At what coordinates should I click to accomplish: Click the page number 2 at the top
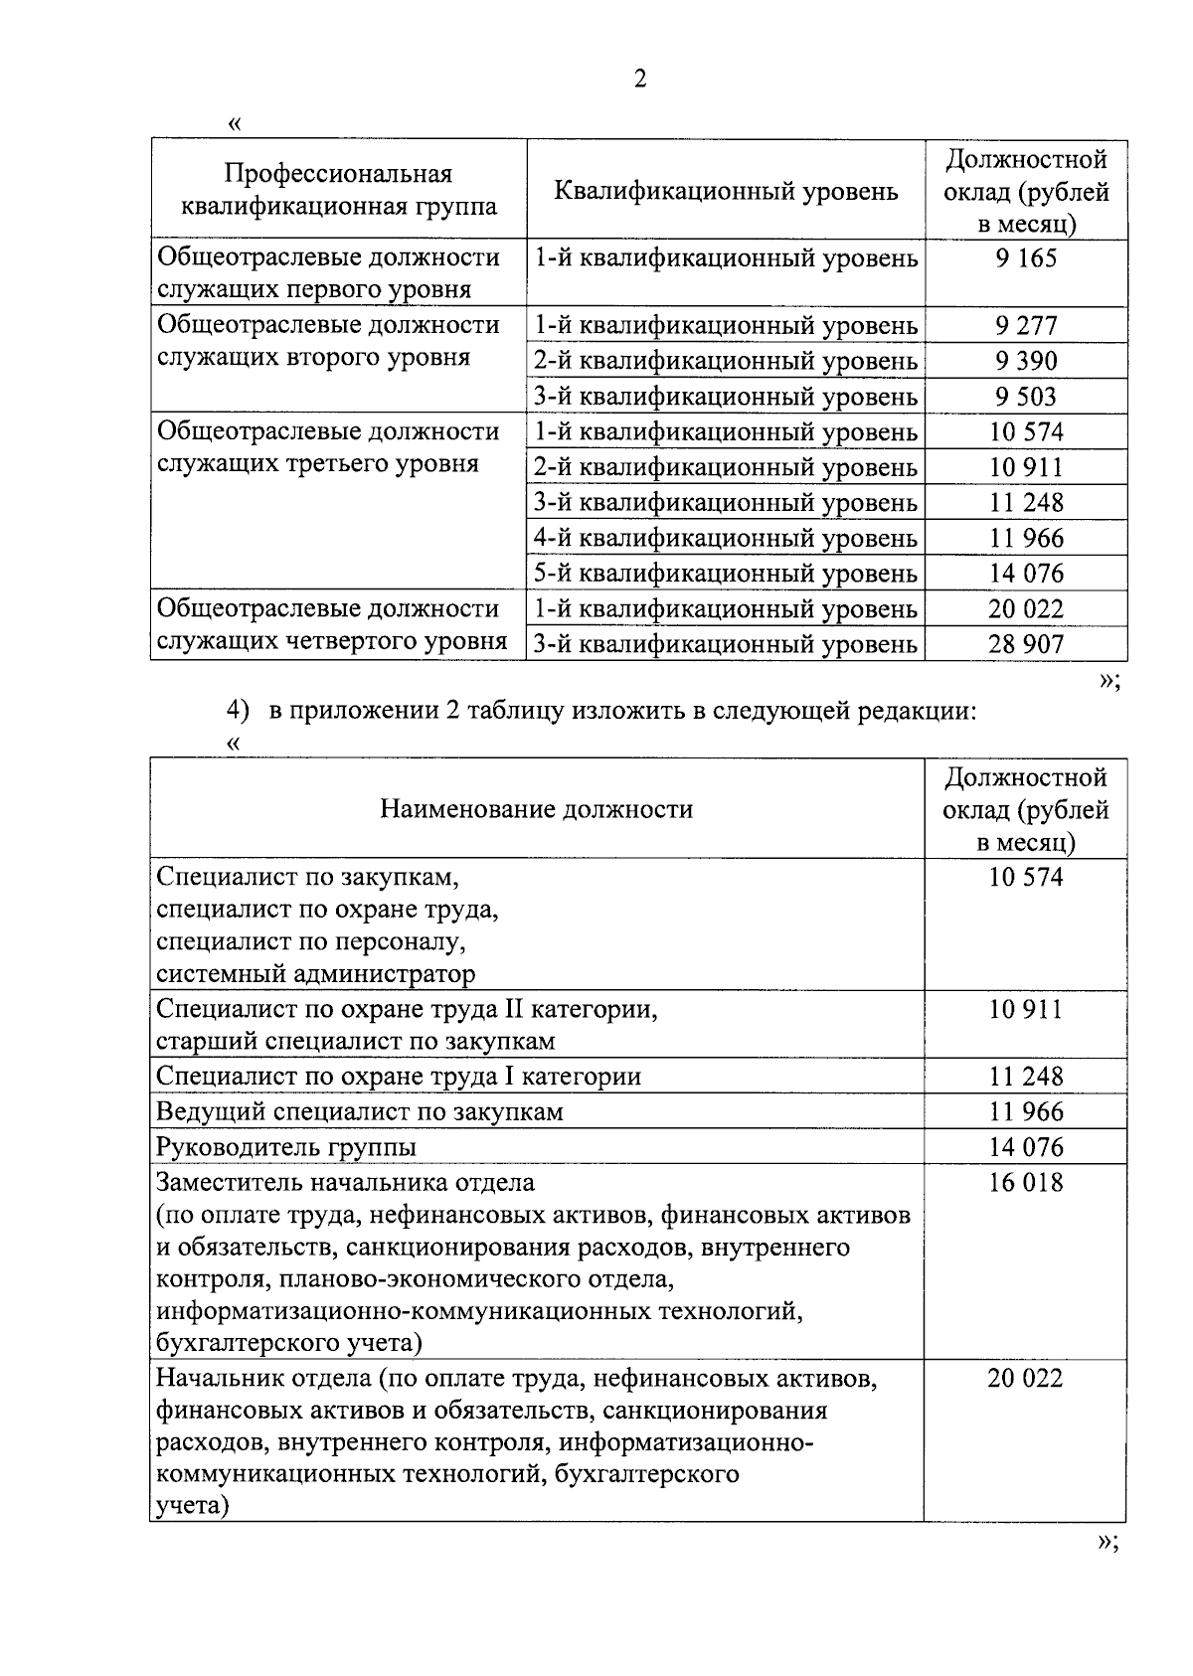[x=640, y=79]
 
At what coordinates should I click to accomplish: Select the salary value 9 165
[x=1025, y=259]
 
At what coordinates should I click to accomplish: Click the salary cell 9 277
[x=1025, y=326]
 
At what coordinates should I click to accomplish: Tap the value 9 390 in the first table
[x=1025, y=362]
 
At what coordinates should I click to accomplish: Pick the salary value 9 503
[x=1025, y=398]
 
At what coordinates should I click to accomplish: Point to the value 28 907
[x=1025, y=644]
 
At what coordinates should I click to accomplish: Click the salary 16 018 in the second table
[x=1025, y=1183]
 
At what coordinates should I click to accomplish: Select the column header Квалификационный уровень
[x=725, y=191]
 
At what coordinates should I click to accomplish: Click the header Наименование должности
[x=536, y=809]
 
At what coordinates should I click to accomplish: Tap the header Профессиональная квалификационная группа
[x=338, y=190]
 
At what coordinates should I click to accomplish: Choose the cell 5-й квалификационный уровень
[x=725, y=574]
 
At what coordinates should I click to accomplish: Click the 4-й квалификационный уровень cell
[x=725, y=539]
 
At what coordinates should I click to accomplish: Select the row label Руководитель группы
[x=286, y=1147]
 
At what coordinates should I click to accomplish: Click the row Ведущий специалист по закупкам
[x=360, y=1111]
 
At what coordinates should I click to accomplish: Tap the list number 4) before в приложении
[x=236, y=711]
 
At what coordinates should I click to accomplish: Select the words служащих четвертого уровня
[x=332, y=641]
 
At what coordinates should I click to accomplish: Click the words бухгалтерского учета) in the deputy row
[x=289, y=1343]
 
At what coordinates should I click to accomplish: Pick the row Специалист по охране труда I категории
[x=399, y=1077]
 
